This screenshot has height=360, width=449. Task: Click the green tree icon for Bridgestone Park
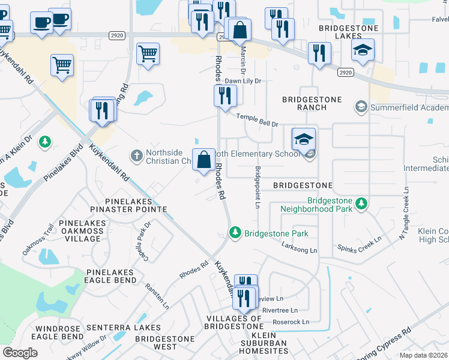click(235, 232)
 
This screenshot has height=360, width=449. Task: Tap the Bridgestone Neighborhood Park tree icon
click(361, 205)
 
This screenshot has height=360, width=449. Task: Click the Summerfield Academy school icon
click(361, 107)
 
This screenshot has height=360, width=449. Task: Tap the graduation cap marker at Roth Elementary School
click(304, 140)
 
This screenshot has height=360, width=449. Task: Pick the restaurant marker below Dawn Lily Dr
click(225, 95)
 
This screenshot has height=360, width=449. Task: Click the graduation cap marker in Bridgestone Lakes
click(363, 50)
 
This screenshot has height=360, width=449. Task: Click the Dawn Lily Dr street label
click(244, 81)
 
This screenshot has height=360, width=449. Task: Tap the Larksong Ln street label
click(300, 248)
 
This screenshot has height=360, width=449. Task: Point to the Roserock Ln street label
click(291, 322)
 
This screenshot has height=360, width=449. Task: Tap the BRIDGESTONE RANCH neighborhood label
click(312, 103)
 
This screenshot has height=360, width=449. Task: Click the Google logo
click(20, 352)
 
